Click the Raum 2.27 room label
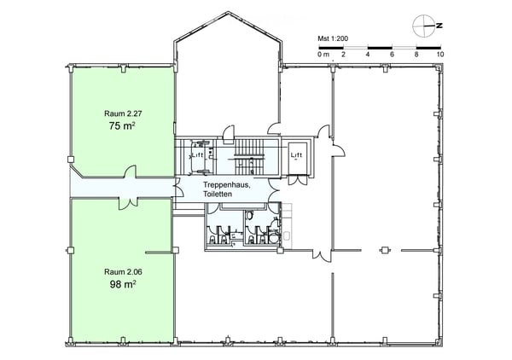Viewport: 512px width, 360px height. click(x=123, y=113)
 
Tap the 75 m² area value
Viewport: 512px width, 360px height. click(x=122, y=125)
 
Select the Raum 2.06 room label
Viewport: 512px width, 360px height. click(x=123, y=271)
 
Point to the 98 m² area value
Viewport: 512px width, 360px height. click(x=123, y=284)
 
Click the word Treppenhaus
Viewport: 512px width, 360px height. click(x=227, y=185)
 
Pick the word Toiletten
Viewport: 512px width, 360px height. click(x=218, y=194)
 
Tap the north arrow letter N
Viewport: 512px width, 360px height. click(x=439, y=26)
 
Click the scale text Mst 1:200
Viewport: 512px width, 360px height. click(x=333, y=38)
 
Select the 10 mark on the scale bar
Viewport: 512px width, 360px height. click(x=440, y=55)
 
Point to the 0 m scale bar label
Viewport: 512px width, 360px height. click(x=323, y=55)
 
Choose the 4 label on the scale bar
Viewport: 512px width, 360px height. click(x=368, y=55)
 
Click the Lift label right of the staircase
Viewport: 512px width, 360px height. click(x=296, y=155)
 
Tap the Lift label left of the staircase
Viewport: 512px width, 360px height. click(x=197, y=155)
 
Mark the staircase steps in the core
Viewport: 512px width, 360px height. click(x=249, y=157)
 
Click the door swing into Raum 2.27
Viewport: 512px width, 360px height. click(x=131, y=171)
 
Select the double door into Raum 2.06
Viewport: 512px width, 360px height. click(x=128, y=204)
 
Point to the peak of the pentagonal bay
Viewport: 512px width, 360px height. click(x=228, y=12)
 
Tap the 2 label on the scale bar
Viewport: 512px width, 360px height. click(x=343, y=55)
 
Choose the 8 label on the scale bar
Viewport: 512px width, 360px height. click(x=416, y=55)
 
